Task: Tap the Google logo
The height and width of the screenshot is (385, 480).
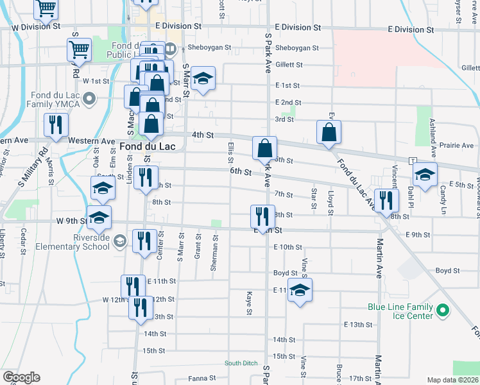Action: [21, 377]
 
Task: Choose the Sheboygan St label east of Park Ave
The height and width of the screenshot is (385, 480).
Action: [296, 48]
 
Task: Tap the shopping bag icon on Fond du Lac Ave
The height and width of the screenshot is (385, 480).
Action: [329, 132]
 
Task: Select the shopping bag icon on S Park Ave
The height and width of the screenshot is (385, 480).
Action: [264, 148]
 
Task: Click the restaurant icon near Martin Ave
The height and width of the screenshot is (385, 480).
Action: [386, 200]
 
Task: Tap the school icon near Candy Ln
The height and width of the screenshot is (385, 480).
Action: [424, 174]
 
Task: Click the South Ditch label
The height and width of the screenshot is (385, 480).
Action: [241, 363]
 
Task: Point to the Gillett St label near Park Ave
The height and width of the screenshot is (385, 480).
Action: [289, 65]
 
